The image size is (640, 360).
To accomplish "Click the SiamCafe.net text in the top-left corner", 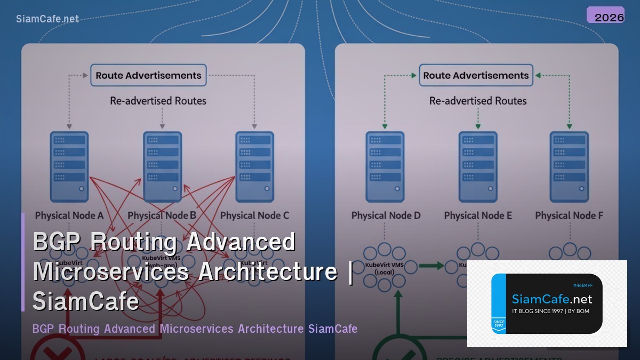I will [x=47, y=19].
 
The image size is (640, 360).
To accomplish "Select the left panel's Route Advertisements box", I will [x=148, y=75].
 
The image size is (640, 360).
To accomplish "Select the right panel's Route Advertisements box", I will [x=476, y=75].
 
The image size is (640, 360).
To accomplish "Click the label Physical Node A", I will [x=69, y=215].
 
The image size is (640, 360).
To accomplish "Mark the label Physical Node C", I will [x=254, y=215].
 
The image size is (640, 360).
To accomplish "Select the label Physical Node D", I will [x=386, y=215].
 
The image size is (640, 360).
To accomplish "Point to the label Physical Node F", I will [x=569, y=215].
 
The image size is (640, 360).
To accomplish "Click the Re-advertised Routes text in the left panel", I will [x=158, y=101].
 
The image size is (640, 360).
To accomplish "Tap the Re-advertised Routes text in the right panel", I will [x=478, y=101].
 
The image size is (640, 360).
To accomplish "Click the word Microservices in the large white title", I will [x=111, y=271].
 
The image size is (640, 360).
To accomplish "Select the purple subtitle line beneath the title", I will [x=195, y=329].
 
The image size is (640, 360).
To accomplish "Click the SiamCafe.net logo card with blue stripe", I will [x=547, y=303].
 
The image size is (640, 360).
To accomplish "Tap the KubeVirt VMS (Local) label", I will [x=384, y=268].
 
